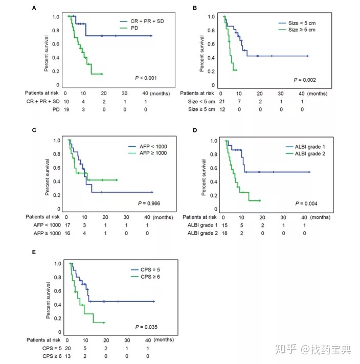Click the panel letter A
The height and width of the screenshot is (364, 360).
34,8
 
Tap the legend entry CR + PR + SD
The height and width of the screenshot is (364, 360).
144,20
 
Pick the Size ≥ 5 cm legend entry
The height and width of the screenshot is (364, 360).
297,31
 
